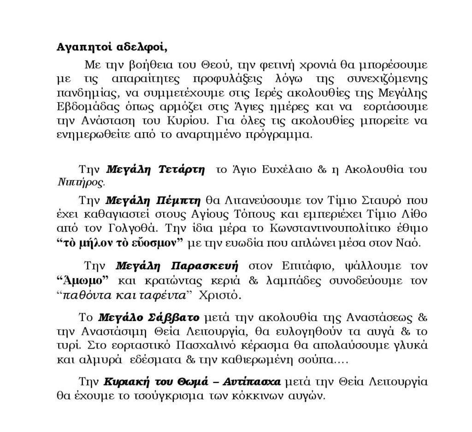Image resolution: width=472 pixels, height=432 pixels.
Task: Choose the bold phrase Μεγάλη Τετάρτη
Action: (155, 169)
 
